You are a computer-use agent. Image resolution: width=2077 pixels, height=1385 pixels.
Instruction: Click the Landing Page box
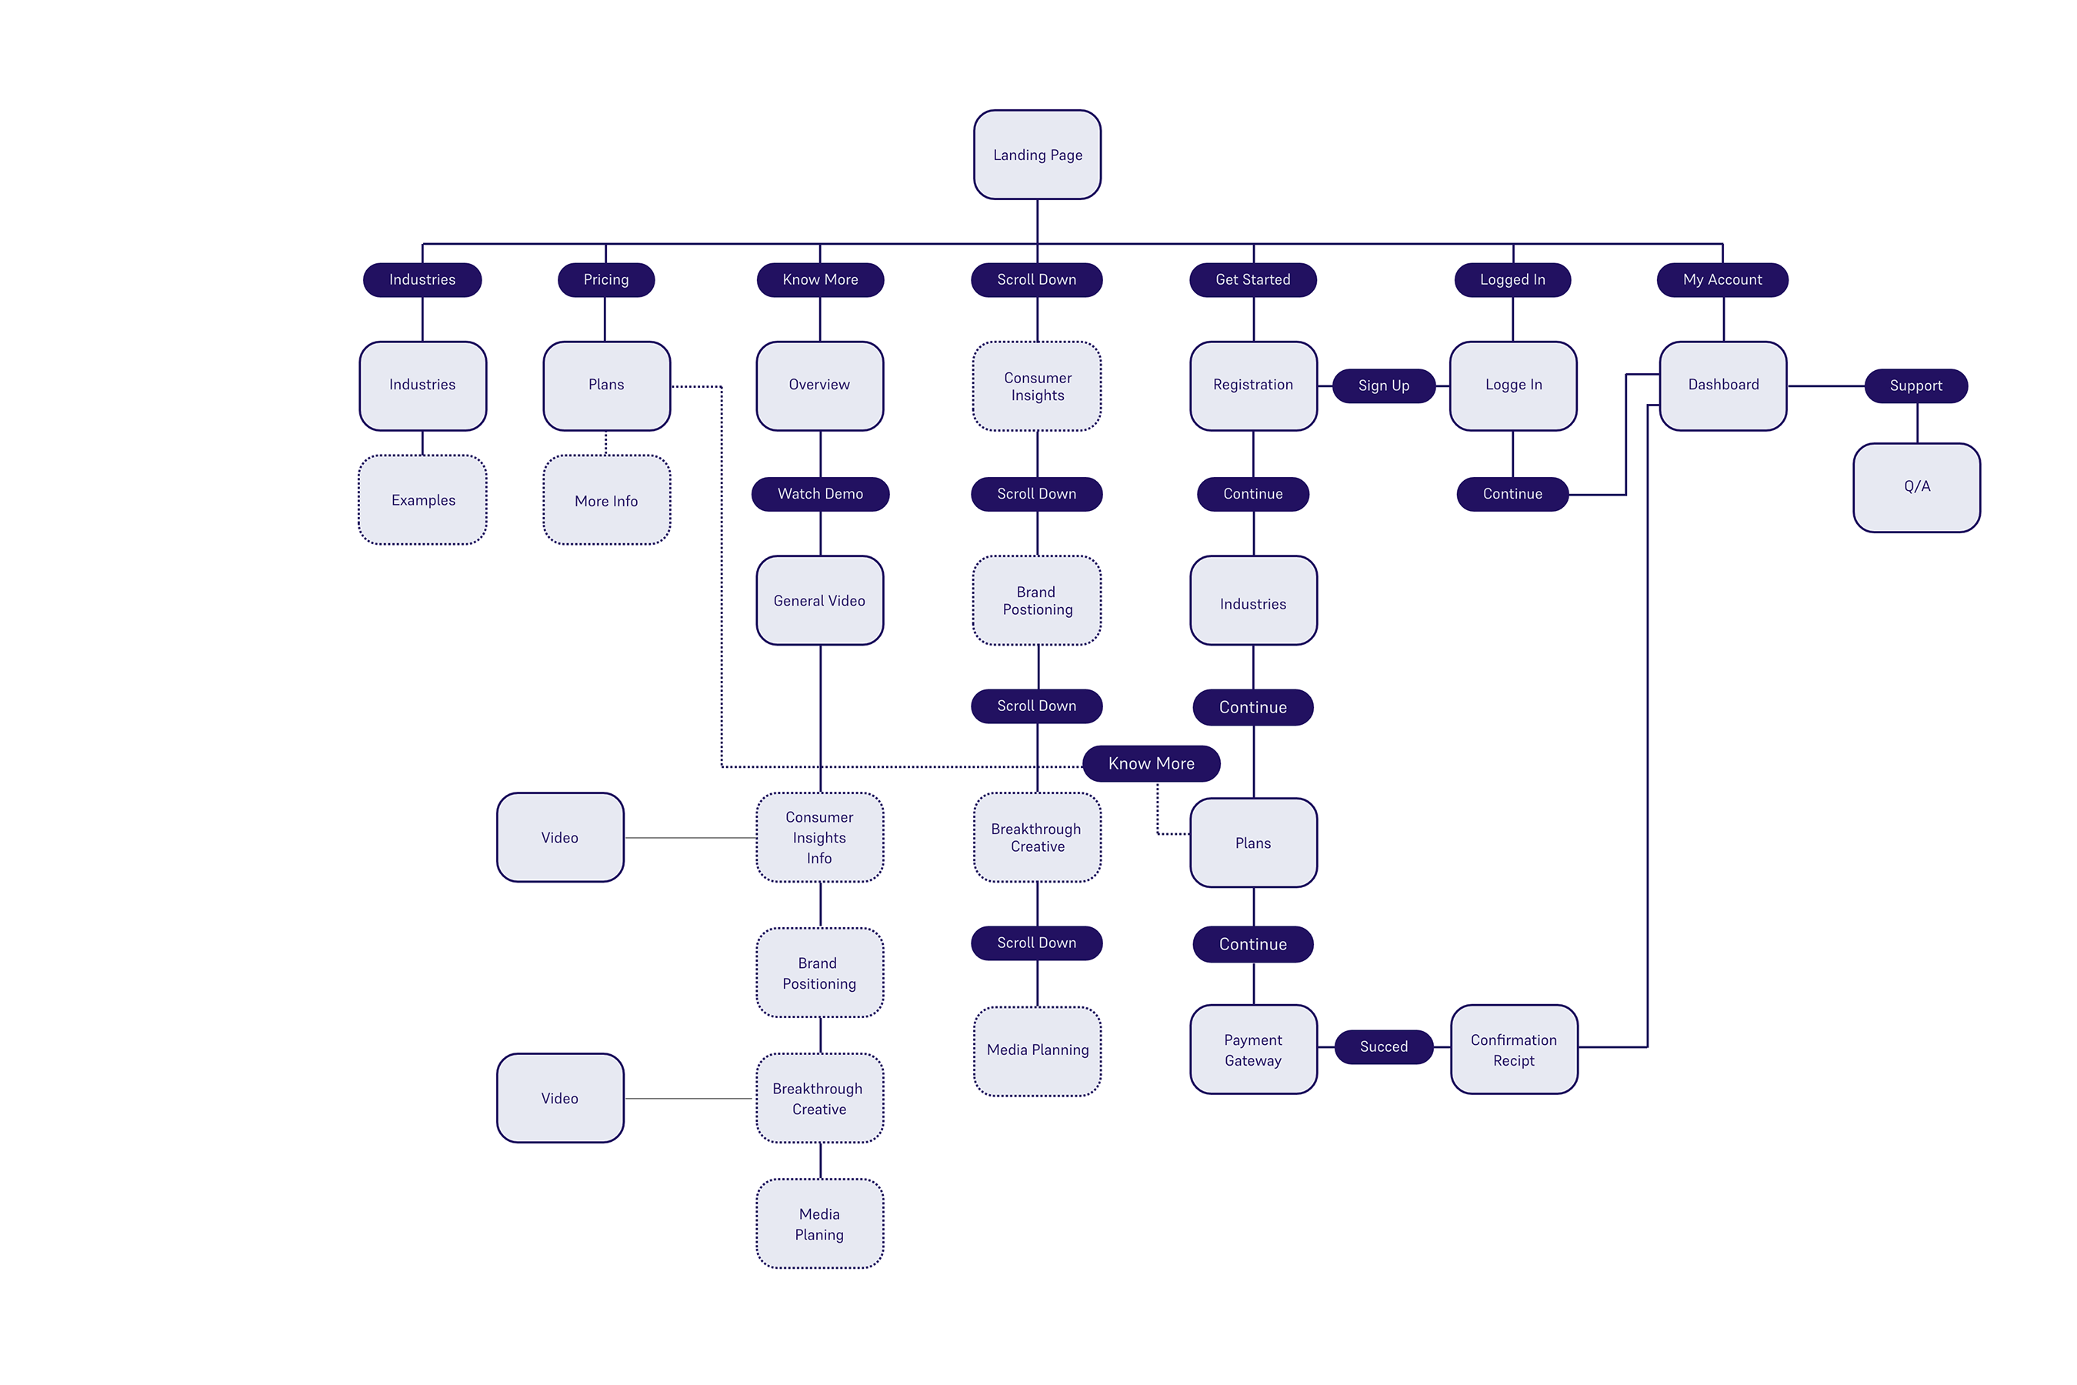pos(1037,155)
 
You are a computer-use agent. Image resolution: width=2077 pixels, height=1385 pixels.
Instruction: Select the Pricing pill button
pos(606,280)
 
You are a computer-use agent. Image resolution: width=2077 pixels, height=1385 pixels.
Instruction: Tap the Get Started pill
pos(1252,280)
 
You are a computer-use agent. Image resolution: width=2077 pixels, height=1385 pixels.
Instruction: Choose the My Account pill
pos(1722,280)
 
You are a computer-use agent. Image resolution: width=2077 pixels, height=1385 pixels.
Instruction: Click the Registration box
pos(1253,385)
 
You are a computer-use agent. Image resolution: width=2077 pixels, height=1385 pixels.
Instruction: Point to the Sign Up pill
pos(1383,386)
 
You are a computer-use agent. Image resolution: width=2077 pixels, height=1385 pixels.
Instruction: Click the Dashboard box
pos(1723,385)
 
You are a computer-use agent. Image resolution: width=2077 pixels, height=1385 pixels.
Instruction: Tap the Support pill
pos(1915,386)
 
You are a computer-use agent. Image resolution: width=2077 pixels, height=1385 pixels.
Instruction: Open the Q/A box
pos(1916,487)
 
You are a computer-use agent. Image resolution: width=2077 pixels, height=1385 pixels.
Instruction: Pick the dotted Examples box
pos(423,500)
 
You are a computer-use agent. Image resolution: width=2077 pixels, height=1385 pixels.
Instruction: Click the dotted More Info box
pos(606,500)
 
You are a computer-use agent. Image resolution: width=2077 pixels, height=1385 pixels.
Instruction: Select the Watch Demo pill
pos(819,494)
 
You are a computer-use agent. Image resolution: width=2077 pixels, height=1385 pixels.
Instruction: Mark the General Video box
pos(819,601)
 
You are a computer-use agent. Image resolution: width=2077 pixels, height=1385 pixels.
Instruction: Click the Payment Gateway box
pos(1253,1050)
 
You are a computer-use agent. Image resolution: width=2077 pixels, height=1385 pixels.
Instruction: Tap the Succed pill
pos(1383,1046)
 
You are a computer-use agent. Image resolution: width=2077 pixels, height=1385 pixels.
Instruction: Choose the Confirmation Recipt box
pos(1514,1050)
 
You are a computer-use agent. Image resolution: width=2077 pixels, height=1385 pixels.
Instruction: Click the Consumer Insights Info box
pos(819,837)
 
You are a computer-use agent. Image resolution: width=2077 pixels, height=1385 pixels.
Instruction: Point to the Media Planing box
pos(819,1223)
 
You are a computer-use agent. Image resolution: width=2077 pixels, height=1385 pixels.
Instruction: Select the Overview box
pos(819,385)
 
